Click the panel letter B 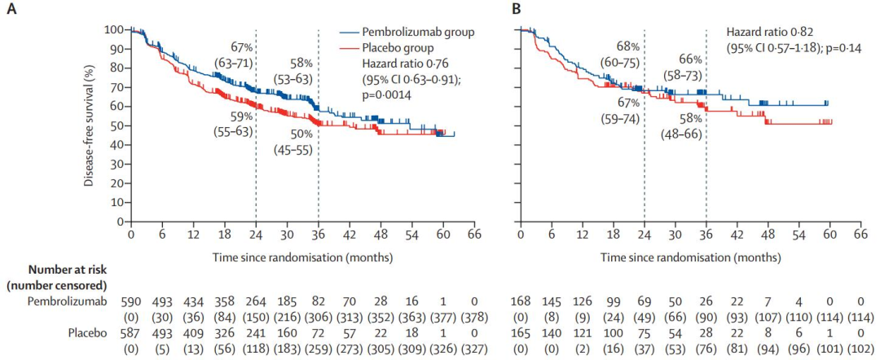pos(516,11)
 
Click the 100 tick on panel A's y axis pos(113,29)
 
